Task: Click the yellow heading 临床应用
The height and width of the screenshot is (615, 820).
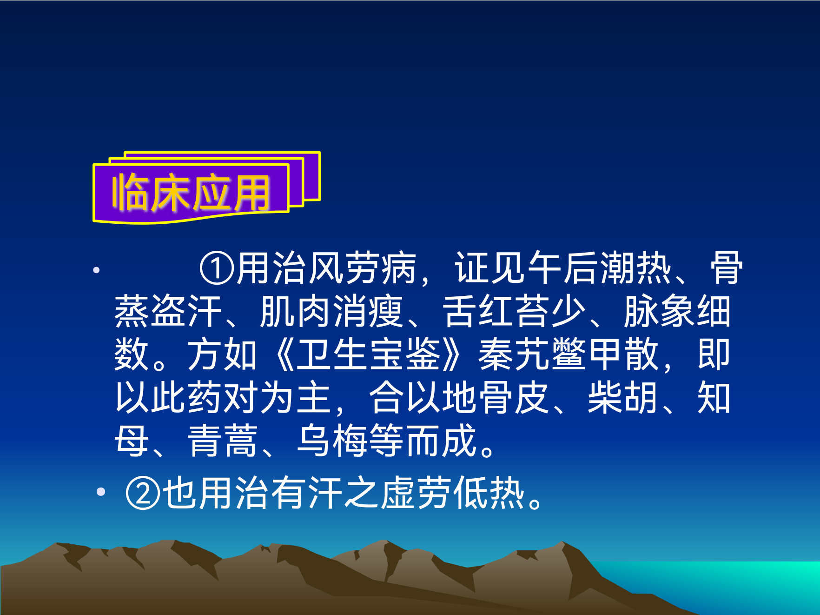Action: coord(191,193)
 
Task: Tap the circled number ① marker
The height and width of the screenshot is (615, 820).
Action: coord(216,268)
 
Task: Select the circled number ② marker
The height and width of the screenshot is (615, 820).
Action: coord(143,493)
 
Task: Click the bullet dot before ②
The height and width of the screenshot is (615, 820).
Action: coord(101,492)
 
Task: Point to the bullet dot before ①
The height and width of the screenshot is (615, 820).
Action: coord(96,270)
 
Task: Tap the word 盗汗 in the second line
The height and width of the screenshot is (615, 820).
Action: coord(187,311)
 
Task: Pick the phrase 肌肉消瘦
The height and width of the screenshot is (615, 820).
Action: coord(331,311)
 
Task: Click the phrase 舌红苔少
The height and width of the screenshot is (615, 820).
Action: coord(514,311)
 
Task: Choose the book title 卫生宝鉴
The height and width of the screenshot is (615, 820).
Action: coord(369,354)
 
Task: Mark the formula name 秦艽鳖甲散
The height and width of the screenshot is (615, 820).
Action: coord(569,354)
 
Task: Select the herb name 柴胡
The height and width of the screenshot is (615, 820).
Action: coord(623,398)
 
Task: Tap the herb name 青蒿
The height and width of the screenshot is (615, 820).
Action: coord(223,441)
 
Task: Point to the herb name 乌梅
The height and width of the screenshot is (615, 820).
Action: coord(332,441)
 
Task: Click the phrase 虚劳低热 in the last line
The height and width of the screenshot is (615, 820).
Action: coord(453,493)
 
